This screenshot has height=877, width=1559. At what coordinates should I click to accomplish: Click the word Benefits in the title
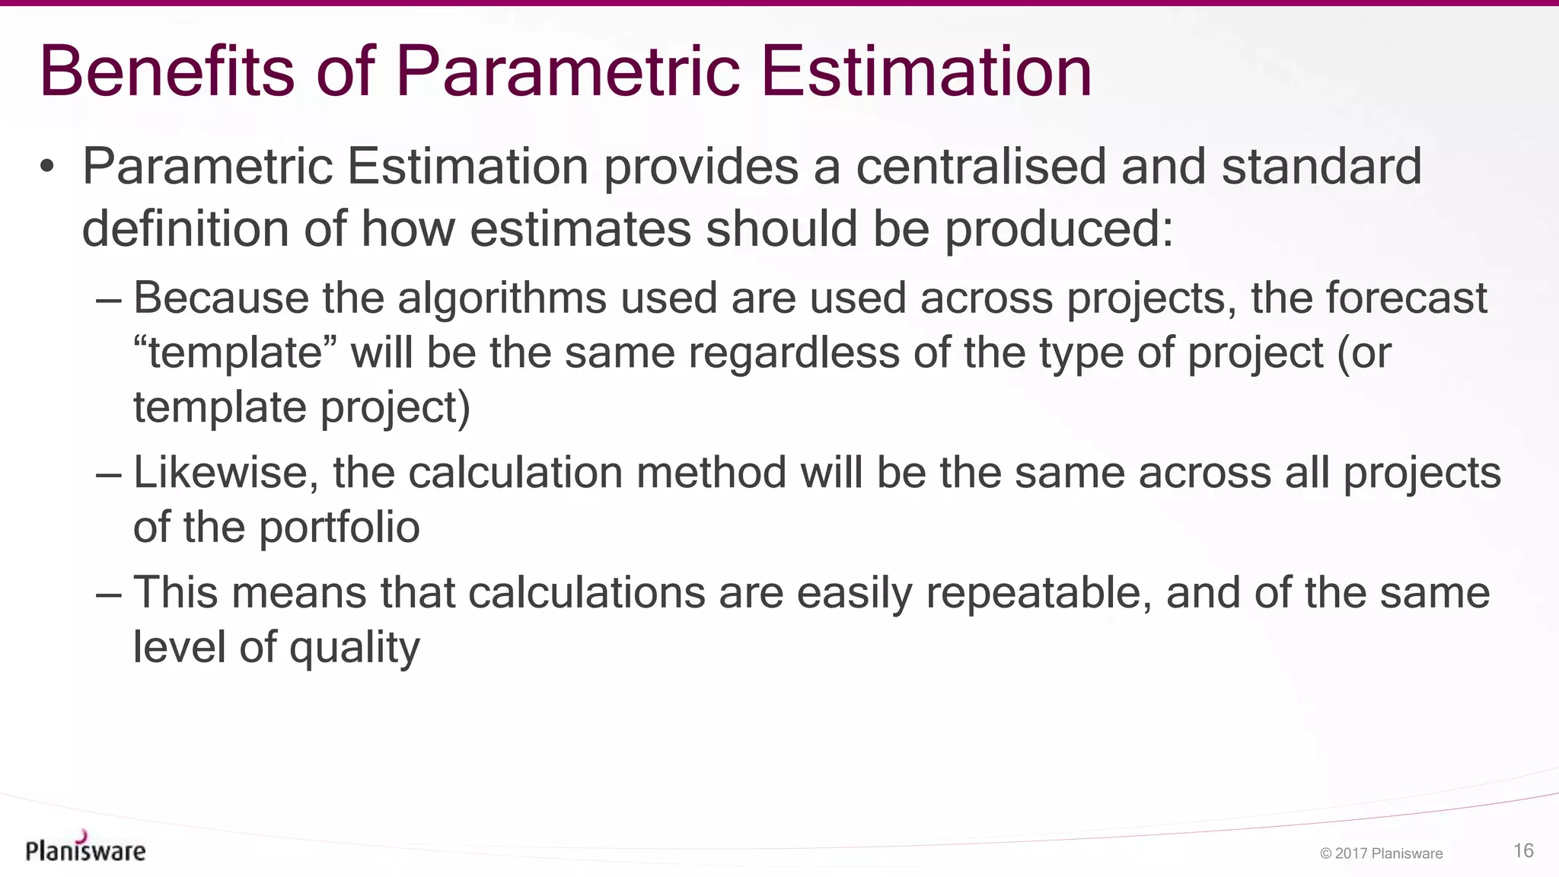coord(167,72)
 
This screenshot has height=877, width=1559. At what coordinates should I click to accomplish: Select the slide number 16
coord(1523,850)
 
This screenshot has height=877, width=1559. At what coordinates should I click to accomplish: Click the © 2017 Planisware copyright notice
coord(1381,853)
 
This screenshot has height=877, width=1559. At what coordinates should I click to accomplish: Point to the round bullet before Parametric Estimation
coord(47,166)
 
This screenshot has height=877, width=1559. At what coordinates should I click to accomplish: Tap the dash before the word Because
coord(109,299)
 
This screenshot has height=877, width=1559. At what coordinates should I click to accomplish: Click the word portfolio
coord(340,527)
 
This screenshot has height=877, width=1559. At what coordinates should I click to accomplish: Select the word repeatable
coord(1039,592)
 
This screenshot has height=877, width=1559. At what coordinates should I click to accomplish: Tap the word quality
coord(354,649)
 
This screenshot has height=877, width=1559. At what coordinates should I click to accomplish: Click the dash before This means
coord(109,594)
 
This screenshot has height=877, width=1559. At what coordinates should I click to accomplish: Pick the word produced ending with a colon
coord(1059,229)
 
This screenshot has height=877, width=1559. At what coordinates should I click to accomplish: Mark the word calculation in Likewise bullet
coord(515,473)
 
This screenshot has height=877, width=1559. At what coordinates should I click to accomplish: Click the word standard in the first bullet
coord(1321,166)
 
